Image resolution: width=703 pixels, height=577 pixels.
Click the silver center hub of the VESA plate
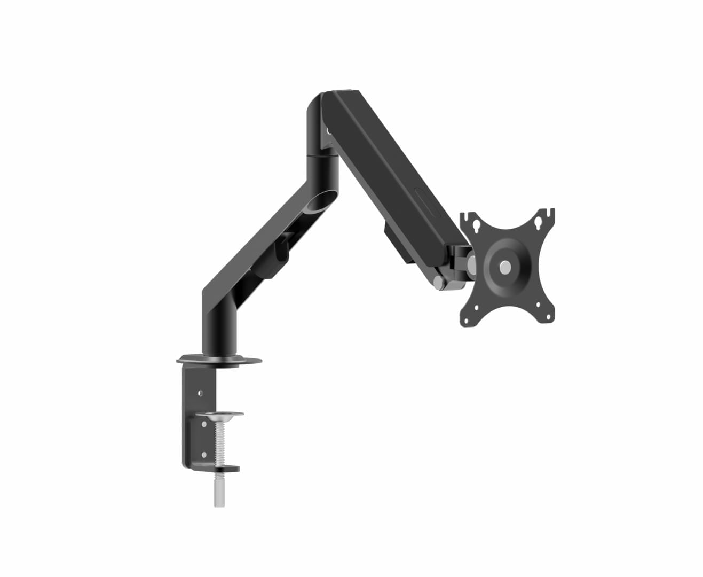pos(504,267)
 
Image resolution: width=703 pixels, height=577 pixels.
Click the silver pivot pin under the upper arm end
pos(438,282)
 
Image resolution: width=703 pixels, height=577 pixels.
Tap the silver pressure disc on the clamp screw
pos(219,414)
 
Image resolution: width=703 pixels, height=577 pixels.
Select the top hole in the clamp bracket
pos(200,393)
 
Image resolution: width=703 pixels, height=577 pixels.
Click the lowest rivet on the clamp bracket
pos(204,455)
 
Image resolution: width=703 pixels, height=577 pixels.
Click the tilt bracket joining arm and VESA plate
pos(460,259)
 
